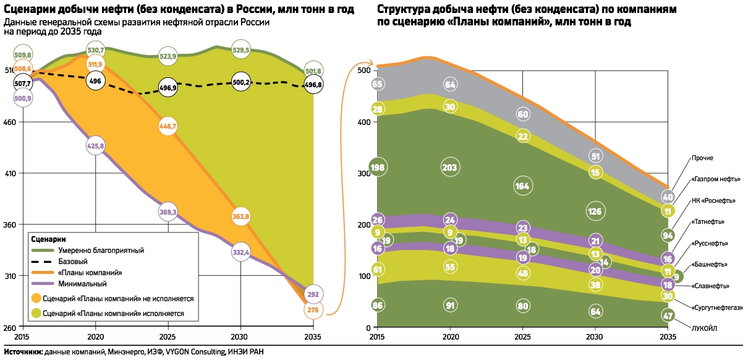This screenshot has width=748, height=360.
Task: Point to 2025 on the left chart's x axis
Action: (168, 336)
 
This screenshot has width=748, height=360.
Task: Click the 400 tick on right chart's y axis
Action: (364, 122)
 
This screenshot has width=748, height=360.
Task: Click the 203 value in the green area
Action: (449, 167)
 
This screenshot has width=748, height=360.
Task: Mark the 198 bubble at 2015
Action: (377, 167)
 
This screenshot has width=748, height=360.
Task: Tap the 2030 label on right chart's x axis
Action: (595, 337)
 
